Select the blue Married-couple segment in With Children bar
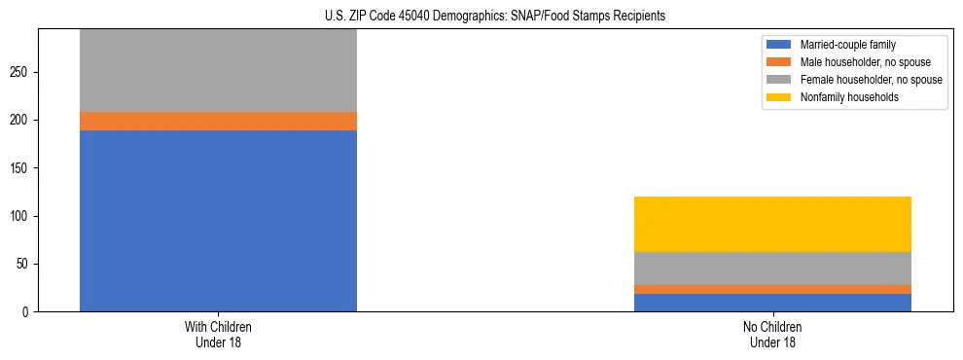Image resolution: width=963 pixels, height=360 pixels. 218,221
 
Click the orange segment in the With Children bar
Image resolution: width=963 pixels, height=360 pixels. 218,121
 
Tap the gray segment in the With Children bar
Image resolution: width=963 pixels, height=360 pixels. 218,70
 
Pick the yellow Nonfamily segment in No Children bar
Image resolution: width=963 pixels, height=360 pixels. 772,224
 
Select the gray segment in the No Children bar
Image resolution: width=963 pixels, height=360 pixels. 772,269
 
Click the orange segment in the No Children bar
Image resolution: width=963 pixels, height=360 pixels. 772,289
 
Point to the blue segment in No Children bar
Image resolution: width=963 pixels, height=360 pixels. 772,303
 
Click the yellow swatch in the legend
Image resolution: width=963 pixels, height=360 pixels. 779,97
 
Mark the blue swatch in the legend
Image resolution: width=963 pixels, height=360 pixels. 779,45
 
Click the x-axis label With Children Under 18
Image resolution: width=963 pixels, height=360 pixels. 218,335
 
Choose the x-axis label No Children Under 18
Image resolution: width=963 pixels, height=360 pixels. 772,335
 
